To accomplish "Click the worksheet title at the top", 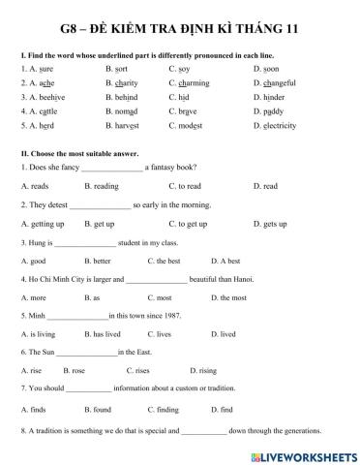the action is (x=180, y=30).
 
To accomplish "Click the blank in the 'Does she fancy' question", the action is (x=112, y=169).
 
